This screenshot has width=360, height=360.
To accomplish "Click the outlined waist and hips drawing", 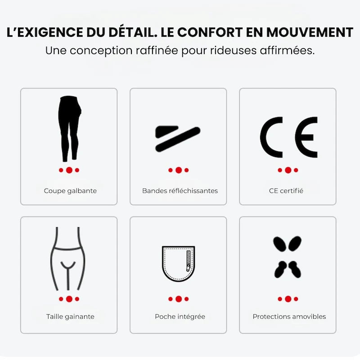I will coord(69,259).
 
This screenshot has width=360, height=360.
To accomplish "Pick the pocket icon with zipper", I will coord(178,264).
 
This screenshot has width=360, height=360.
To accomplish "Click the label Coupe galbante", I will coord(70,191).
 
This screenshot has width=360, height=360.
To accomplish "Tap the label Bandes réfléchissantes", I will coord(180,191).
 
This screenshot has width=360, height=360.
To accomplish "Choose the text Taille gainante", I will coord(70,316).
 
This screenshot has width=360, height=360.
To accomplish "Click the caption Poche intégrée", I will coord(180,316).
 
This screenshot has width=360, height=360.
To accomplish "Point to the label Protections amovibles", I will coord(289,316).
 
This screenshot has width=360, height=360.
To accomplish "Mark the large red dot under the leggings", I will coord(69,170).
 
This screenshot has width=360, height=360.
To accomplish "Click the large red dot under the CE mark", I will coord(288,170).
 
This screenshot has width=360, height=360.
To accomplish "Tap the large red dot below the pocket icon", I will coord(179,299).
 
